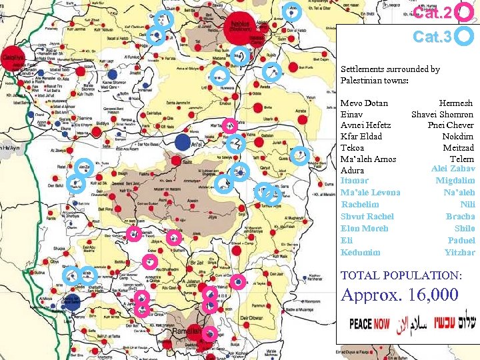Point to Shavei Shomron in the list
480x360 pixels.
pos(442,114)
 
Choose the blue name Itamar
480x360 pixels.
pos(354,181)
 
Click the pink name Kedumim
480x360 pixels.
pos(360,252)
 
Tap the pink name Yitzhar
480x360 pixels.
pos(459,252)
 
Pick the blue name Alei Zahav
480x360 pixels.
pos(453,169)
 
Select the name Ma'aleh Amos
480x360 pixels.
pos(368,159)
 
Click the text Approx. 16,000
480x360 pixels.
pos(400,295)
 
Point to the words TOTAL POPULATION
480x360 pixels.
pos(401,275)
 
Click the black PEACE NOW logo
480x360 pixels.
pos(370,324)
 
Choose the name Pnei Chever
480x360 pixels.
pos(451,125)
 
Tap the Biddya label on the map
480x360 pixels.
pos(104,123)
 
